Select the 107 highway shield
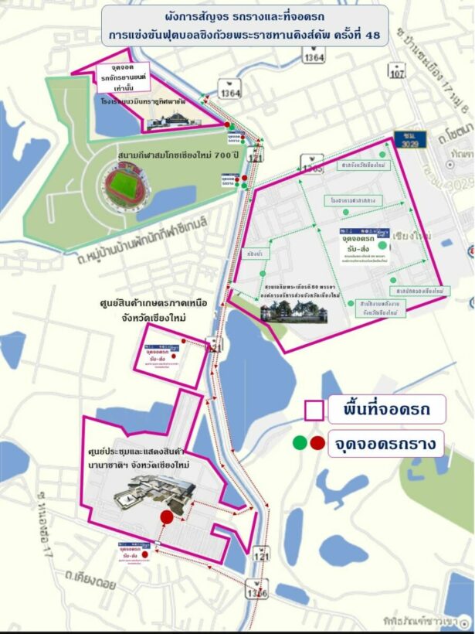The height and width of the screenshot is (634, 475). (x=397, y=73)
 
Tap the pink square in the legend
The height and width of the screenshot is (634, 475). (x=314, y=410)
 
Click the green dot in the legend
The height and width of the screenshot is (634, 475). (x=299, y=443)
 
